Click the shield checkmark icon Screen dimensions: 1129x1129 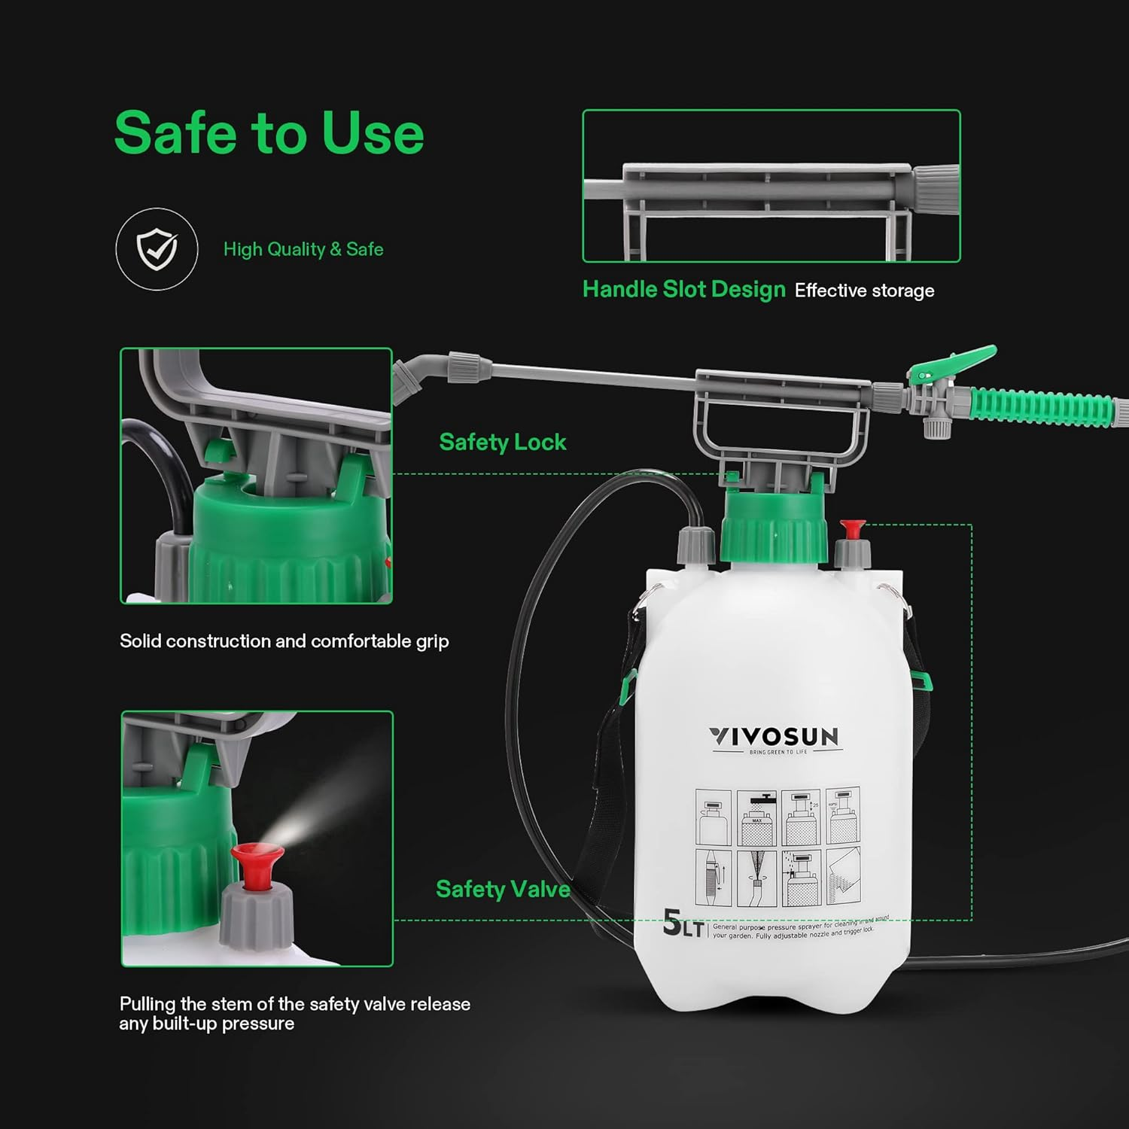tap(157, 249)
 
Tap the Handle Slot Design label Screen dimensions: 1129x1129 tap(683, 290)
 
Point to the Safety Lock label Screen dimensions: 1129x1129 tap(502, 443)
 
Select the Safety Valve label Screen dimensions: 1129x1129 tap(502, 890)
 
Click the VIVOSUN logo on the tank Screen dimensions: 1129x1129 tap(774, 737)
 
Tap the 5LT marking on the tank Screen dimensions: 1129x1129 tap(682, 924)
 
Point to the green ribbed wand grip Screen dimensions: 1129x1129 tap(1042, 407)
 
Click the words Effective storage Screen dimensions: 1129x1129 tap(864, 291)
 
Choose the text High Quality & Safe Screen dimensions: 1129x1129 tap(303, 249)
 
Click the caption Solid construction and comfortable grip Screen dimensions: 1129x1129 tap(284, 641)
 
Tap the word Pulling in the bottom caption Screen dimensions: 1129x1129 tap(148, 1004)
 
